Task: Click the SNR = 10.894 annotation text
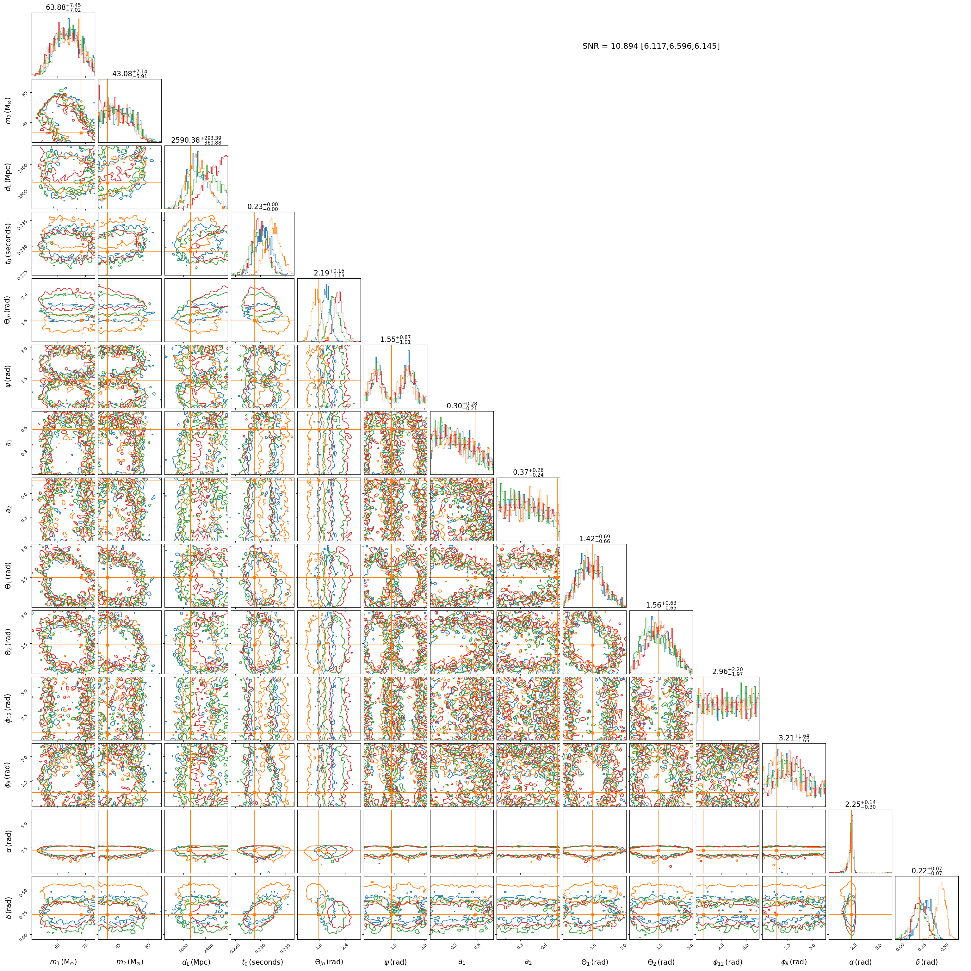pyautogui.click(x=651, y=46)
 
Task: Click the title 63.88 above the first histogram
pyautogui.click(x=63, y=7)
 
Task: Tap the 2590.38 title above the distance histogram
pyautogui.click(x=196, y=140)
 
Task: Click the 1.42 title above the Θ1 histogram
pyautogui.click(x=595, y=538)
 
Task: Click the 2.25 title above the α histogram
pyautogui.click(x=860, y=804)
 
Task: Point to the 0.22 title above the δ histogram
pyautogui.click(x=927, y=870)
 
